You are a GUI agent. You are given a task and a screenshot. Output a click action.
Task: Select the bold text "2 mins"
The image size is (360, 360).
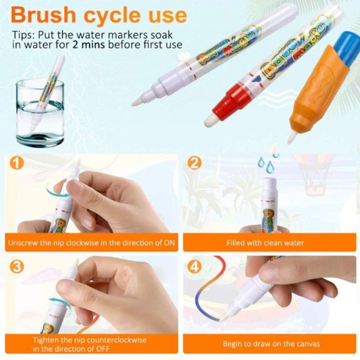pyautogui.click(x=89, y=44)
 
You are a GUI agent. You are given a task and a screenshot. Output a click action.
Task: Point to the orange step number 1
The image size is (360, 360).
pyautogui.click(x=17, y=163)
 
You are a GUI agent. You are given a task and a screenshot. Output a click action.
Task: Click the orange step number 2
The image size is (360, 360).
pyautogui.click(x=195, y=163)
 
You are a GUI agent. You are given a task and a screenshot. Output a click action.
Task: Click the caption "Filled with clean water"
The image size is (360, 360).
pyautogui.click(x=265, y=243)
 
